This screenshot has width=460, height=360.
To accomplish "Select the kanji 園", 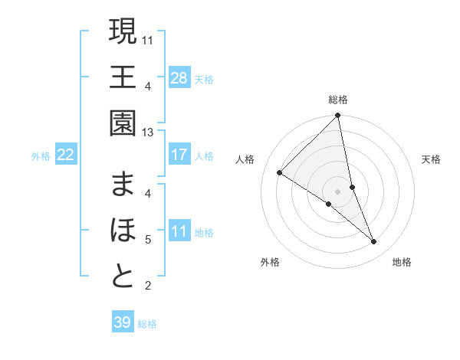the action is (123, 123).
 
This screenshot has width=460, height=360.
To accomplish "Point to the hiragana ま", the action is (123, 184).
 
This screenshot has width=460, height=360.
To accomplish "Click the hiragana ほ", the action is (123, 230).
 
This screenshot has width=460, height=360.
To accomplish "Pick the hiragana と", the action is (123, 277).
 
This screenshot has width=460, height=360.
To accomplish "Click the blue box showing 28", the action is (179, 77).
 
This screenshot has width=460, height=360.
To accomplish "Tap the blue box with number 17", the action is (179, 155).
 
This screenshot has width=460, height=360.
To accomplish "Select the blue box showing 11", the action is (179, 231).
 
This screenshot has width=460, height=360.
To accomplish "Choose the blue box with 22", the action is (66, 155).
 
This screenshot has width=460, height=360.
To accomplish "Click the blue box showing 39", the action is (122, 322).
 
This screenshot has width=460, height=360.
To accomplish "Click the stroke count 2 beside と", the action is (147, 286).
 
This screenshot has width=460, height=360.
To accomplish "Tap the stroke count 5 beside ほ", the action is (147, 240).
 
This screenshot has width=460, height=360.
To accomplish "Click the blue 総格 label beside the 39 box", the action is (147, 324).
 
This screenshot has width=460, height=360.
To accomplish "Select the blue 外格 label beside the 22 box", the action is (41, 156).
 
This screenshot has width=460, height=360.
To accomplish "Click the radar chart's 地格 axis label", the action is (402, 263).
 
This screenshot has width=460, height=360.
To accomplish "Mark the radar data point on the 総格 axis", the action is (337, 116).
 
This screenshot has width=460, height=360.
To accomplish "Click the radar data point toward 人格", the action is (280, 173).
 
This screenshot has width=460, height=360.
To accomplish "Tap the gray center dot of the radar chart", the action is (337, 191).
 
